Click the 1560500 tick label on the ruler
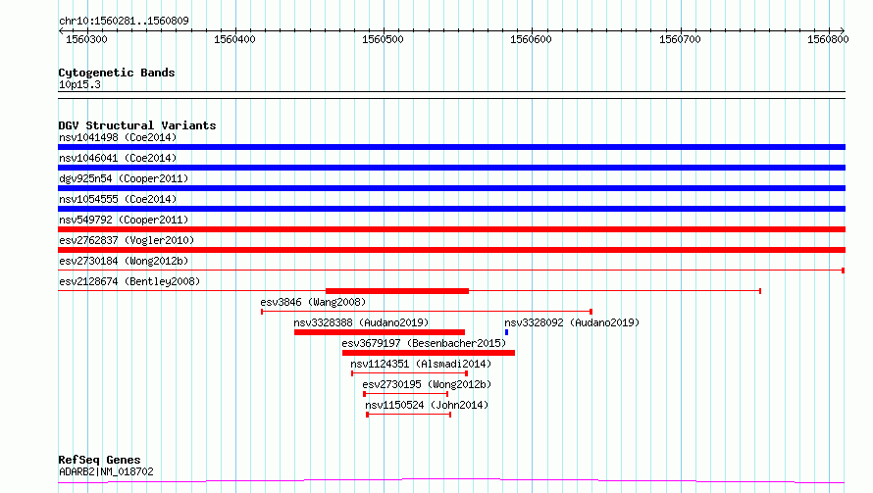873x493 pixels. (383, 39)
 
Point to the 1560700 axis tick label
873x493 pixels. (680, 39)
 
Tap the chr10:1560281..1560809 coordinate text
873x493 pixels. (125, 21)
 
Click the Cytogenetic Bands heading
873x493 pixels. (117, 73)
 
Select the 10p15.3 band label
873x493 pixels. (79, 84)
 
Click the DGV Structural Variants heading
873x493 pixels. (137, 125)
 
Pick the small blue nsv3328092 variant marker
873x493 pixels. (507, 332)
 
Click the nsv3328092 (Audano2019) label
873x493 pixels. (572, 322)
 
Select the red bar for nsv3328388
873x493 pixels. (380, 332)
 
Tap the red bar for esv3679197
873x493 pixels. (428, 353)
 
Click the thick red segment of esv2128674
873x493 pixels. (397, 291)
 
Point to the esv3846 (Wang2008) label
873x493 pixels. (313, 302)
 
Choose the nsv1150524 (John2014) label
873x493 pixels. (427, 405)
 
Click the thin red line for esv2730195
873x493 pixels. (406, 394)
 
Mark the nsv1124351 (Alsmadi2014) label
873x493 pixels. (421, 364)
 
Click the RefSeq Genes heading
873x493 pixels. (99, 460)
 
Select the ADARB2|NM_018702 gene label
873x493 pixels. (106, 471)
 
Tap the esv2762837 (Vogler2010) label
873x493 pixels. (127, 240)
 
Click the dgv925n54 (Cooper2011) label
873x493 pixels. (124, 178)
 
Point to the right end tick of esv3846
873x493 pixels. (591, 312)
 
